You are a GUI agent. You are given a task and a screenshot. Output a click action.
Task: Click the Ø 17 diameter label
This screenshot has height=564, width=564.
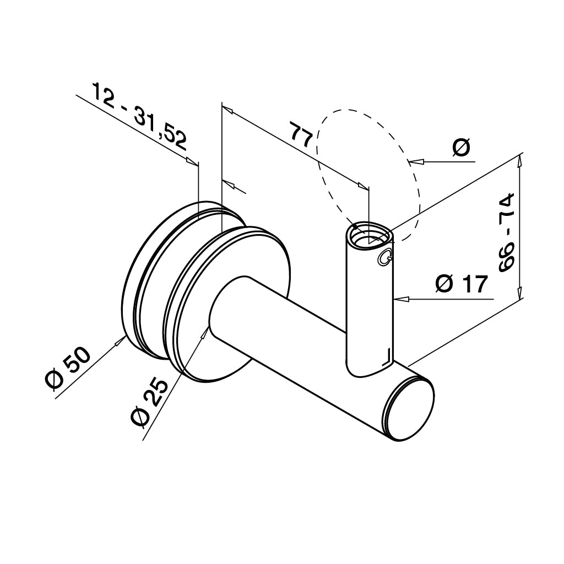[462, 284]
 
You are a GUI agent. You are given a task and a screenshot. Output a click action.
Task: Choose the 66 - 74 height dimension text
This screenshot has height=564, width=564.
[507, 232]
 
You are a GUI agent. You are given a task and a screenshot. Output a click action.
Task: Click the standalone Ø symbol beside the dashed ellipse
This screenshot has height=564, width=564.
[462, 148]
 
